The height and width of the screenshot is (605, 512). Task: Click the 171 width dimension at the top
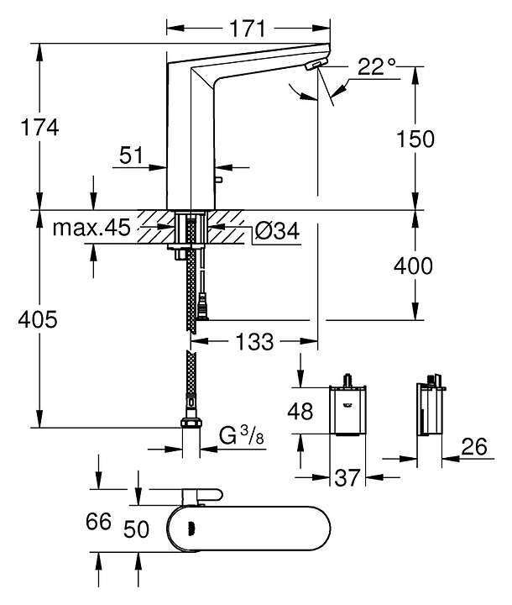[248, 29]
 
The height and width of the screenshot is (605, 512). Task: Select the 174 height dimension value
[39, 127]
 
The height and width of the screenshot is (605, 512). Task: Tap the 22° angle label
[376, 66]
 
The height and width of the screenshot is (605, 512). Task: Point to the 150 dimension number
[415, 139]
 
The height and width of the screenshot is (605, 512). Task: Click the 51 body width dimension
[131, 155]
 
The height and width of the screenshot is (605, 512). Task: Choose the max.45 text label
[91, 228]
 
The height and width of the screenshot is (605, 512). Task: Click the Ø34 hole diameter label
[277, 231]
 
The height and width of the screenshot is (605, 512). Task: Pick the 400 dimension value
[413, 266]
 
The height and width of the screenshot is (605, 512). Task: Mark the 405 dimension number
[38, 319]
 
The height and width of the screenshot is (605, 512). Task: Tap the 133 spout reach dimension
[254, 341]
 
